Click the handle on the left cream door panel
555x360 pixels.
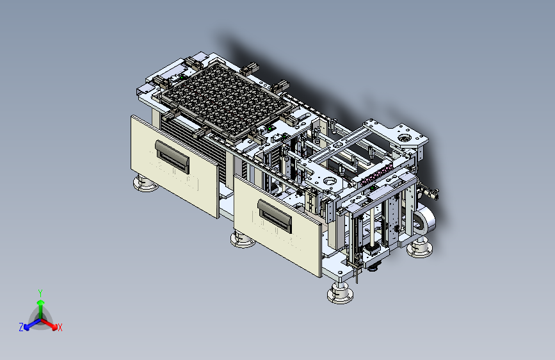tap(172, 156)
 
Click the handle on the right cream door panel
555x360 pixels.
tap(275, 216)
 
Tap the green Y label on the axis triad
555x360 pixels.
tap(40, 293)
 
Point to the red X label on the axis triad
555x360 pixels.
tap(60, 328)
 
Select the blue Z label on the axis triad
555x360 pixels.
tap(21, 327)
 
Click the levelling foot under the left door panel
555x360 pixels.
tap(146, 184)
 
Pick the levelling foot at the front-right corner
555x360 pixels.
tap(340, 291)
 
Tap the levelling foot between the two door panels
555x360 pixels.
tap(243, 240)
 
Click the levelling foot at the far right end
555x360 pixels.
tap(419, 248)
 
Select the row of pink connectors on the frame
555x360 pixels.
tap(376, 174)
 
